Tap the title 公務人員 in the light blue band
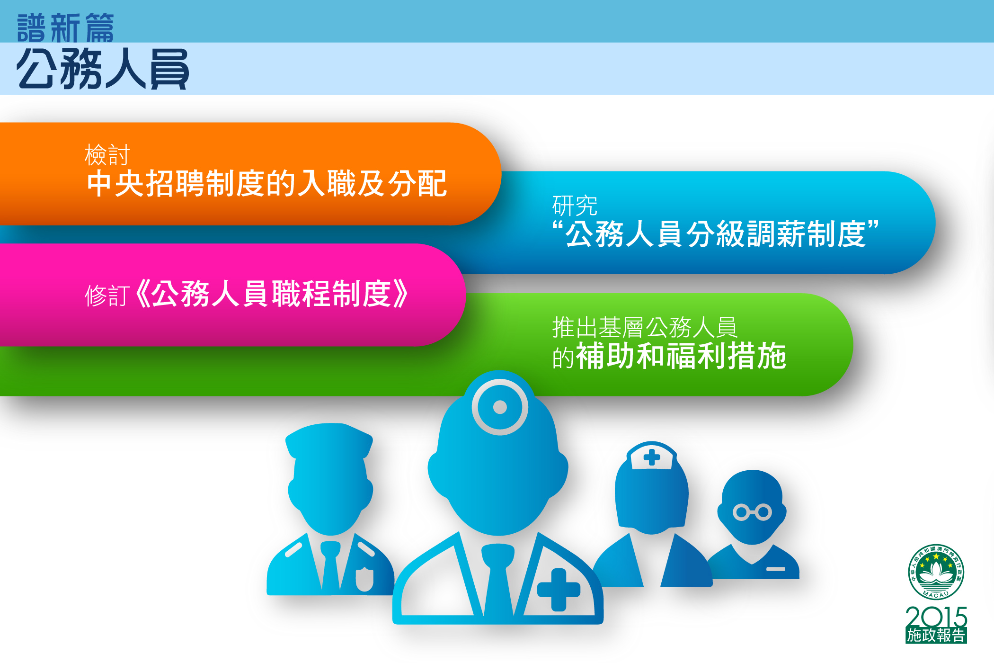[x=103, y=69]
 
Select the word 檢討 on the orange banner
[x=107, y=154]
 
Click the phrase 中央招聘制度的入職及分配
[x=267, y=183]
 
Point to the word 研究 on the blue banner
[x=575, y=206]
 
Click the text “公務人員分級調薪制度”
[x=715, y=234]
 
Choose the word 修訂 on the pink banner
[x=107, y=296]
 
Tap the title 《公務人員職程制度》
[x=271, y=294]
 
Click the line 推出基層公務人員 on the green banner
[x=645, y=327]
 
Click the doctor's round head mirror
[x=499, y=407]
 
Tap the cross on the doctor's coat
[x=559, y=590]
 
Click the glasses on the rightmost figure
[x=752, y=512]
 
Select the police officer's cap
[x=329, y=440]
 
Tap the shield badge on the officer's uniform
[x=364, y=579]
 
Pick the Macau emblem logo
[x=936, y=572]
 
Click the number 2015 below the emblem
[x=936, y=617]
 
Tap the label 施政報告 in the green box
[x=936, y=636]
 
